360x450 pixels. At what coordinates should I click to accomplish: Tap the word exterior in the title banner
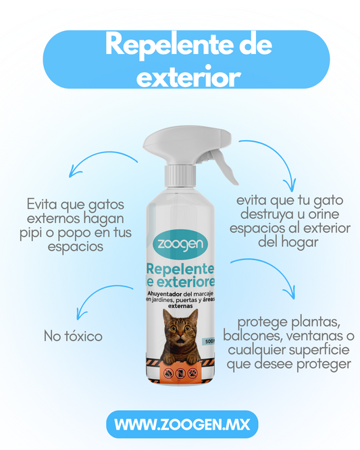[188, 76]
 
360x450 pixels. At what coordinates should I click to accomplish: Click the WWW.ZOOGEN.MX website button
[182, 424]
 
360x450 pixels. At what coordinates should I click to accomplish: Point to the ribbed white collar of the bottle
[180, 176]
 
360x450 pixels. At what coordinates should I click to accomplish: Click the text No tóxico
[73, 336]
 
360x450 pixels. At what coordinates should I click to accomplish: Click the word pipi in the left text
[30, 233]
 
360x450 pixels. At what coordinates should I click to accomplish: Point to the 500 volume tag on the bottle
[209, 341]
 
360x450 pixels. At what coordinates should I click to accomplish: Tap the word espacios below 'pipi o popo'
[76, 247]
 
